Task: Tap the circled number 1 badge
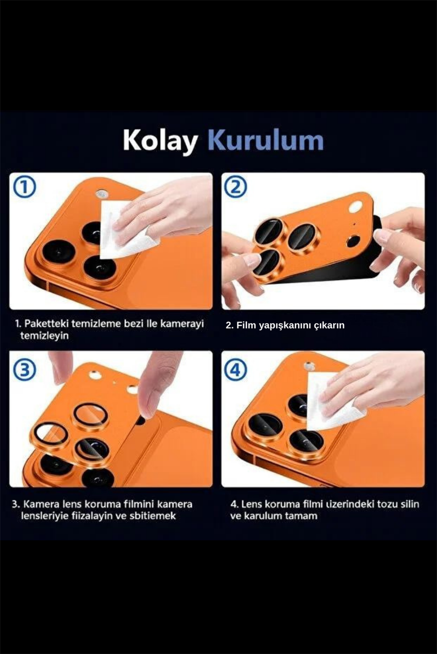click(25, 187)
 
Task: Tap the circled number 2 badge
click(236, 187)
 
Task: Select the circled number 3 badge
click(25, 369)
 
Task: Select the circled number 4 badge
click(236, 369)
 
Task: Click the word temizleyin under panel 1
click(44, 336)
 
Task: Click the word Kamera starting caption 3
click(41, 504)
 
